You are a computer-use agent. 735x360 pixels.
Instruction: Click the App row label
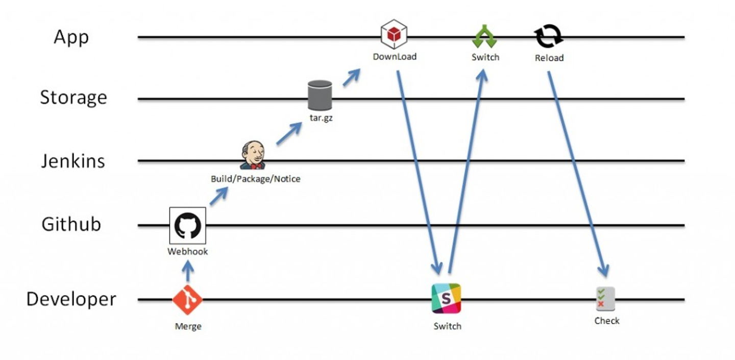[x=71, y=37]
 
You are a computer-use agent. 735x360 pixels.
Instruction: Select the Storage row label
[x=73, y=98]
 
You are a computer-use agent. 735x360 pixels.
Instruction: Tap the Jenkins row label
[x=73, y=161]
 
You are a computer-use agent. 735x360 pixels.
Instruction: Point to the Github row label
[x=71, y=224]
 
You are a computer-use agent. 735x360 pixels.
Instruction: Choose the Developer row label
[x=71, y=299]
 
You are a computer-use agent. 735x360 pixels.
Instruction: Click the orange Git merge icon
[x=187, y=300]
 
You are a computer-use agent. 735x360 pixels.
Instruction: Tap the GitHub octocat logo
[x=188, y=226]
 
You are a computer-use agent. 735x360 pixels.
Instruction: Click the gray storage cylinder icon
[x=320, y=95]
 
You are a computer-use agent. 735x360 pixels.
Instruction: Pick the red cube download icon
[x=394, y=34]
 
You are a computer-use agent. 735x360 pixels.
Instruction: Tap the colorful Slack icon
[x=447, y=298]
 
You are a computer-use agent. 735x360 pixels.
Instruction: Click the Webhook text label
[x=188, y=252]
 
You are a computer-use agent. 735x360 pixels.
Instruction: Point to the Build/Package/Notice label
[x=256, y=179]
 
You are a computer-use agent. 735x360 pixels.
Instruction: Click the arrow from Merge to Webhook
[x=188, y=271]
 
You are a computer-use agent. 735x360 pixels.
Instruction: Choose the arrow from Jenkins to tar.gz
[x=288, y=134]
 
